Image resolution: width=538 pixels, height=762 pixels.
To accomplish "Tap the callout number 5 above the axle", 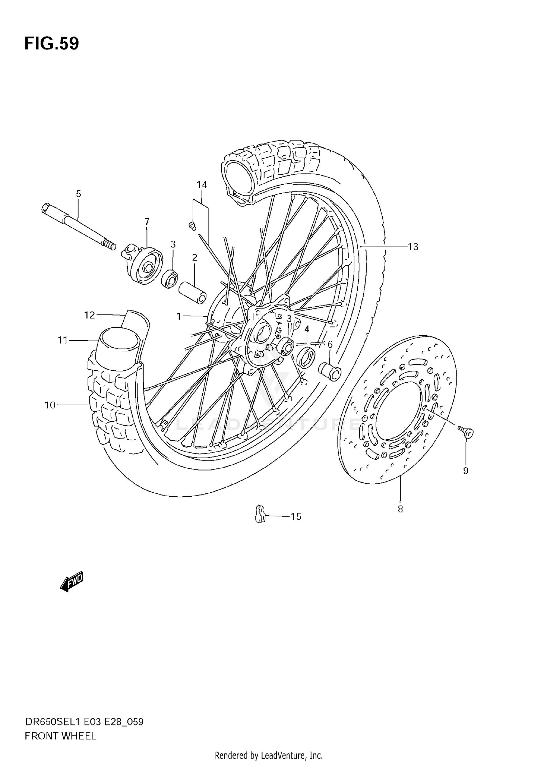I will [79, 194].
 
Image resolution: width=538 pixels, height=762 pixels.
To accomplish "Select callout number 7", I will [147, 222].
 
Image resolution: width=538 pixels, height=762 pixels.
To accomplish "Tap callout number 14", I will [202, 185].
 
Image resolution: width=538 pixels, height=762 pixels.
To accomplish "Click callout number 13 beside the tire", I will [413, 247].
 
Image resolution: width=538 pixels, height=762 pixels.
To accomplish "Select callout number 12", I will [89, 315].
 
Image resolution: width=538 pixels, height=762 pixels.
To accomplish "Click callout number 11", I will [63, 340].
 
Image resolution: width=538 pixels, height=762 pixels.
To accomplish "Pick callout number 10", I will [50, 405].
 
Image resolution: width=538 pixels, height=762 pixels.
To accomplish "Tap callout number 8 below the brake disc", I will [400, 509].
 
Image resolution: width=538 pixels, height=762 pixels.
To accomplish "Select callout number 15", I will [296, 517].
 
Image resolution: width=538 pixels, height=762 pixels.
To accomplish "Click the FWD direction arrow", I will [72, 581].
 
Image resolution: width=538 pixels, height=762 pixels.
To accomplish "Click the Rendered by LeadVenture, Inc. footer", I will [269, 756].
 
